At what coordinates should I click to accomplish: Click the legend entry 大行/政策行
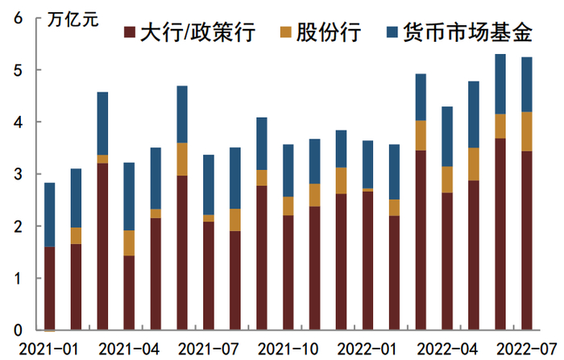pyautogui.click(x=197, y=33)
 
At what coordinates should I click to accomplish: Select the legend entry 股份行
pyautogui.click(x=330, y=33)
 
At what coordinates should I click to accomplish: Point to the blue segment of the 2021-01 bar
pyautogui.click(x=50, y=214)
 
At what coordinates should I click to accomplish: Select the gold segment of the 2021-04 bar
pyautogui.click(x=129, y=242)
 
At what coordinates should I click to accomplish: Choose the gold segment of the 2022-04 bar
pyautogui.click(x=447, y=179)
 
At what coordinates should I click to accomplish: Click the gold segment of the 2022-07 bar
pyautogui.click(x=526, y=131)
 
